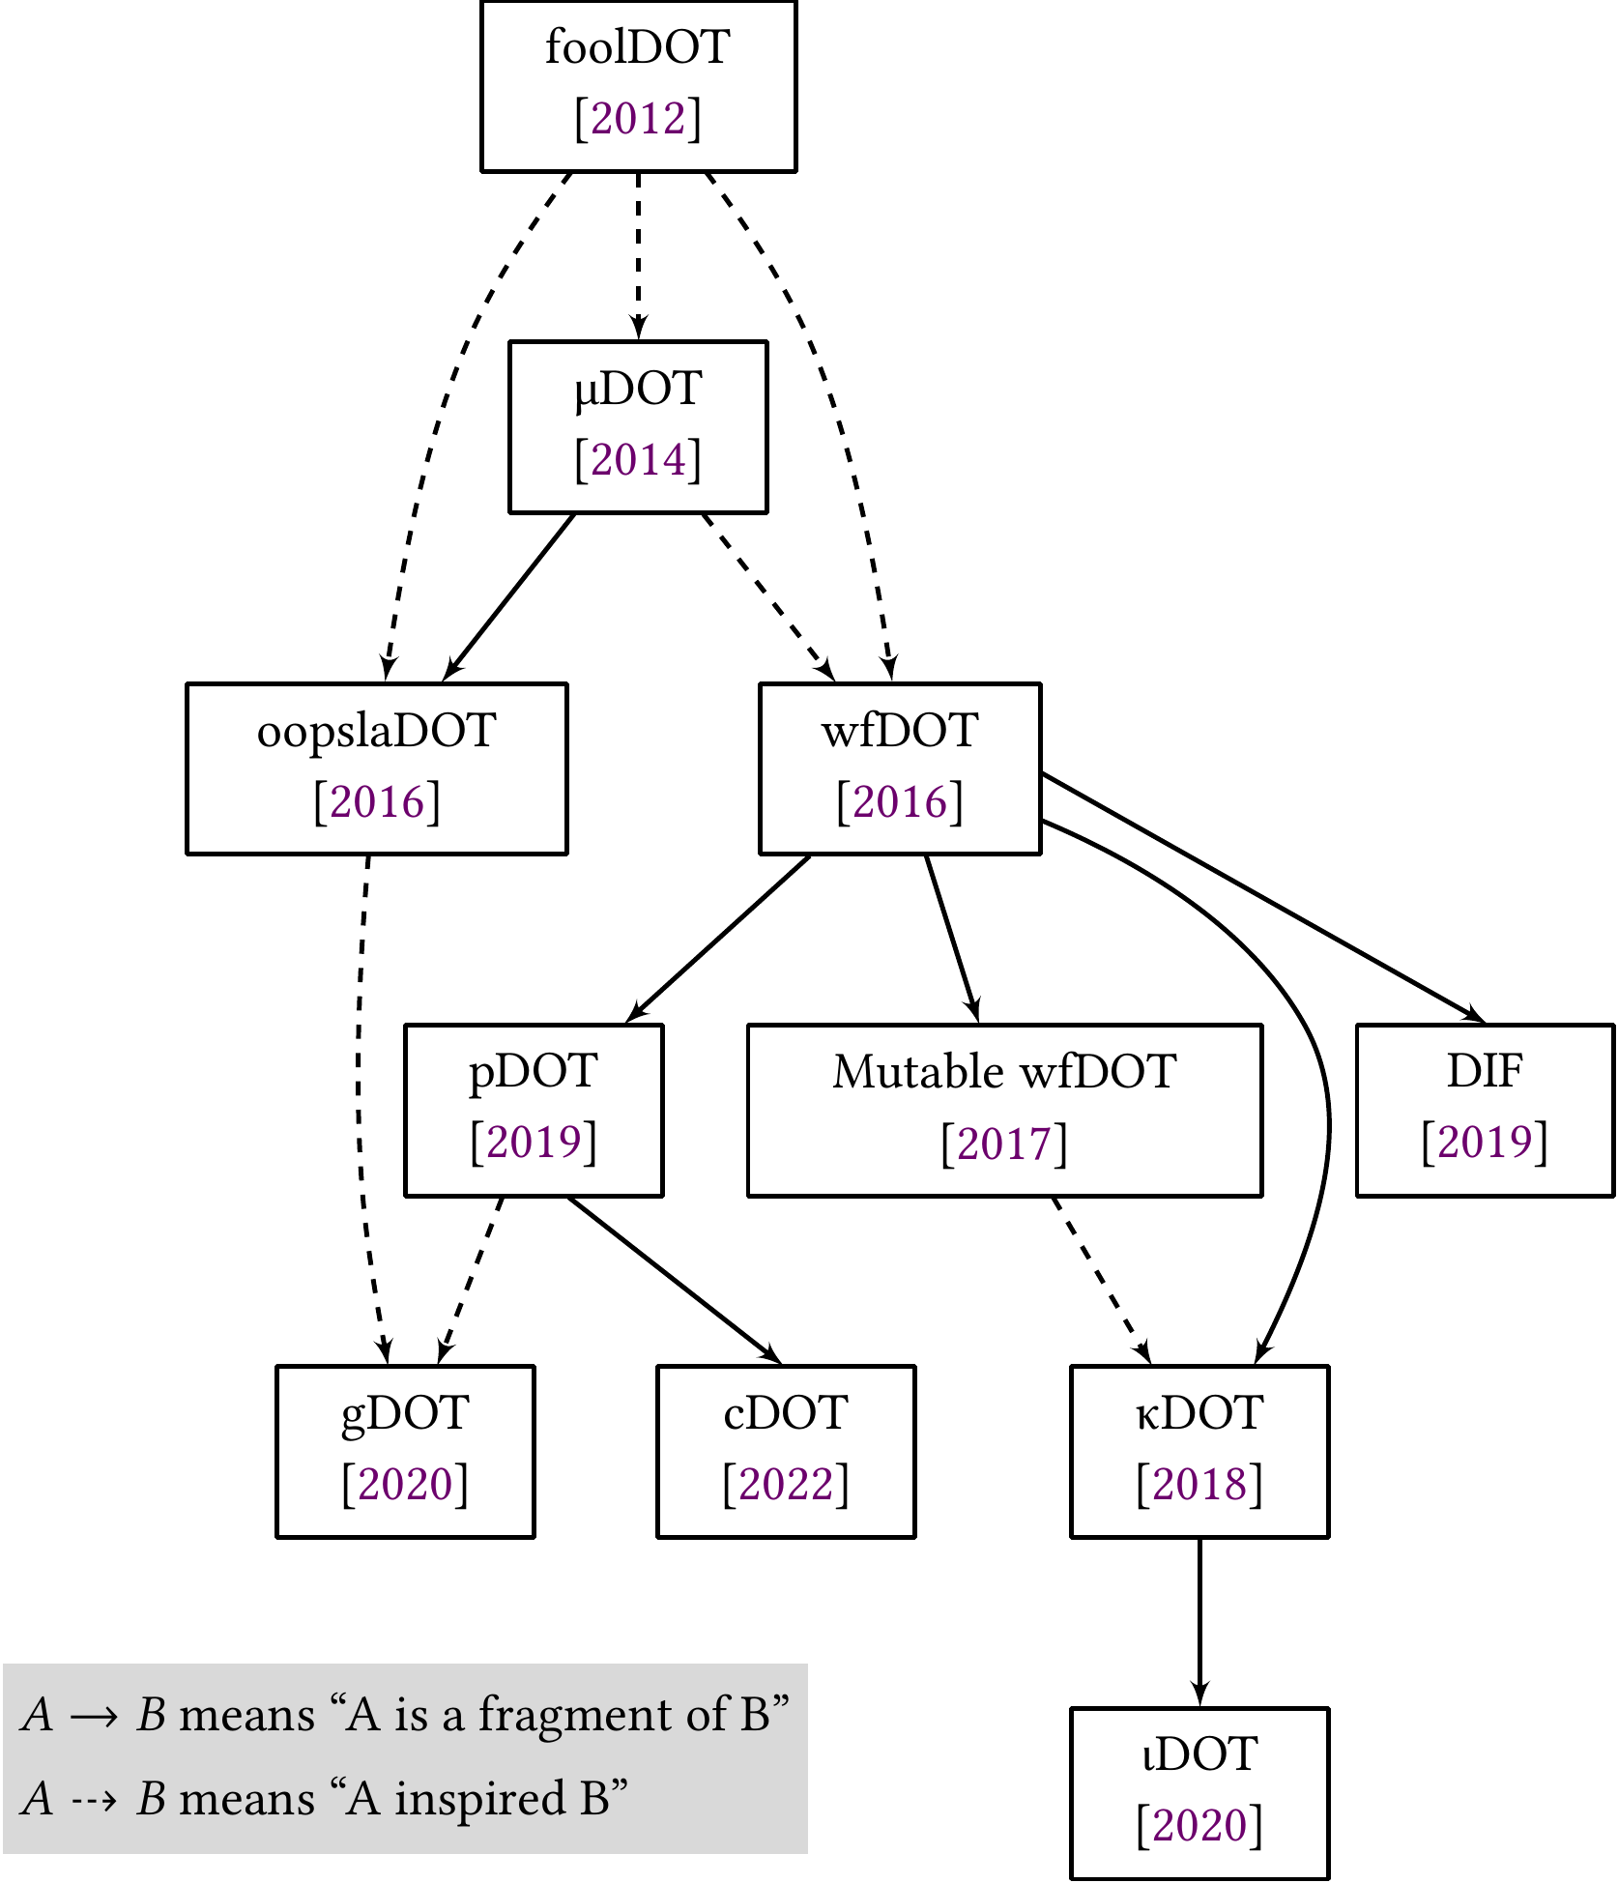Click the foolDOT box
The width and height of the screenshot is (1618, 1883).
(x=638, y=86)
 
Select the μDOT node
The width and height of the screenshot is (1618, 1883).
(x=638, y=426)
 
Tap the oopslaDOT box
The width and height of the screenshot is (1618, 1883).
(x=376, y=768)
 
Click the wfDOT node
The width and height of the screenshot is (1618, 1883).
(x=900, y=768)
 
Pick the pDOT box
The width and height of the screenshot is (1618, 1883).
(x=534, y=1110)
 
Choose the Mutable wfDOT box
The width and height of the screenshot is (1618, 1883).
(x=1004, y=1110)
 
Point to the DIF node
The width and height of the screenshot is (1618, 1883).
(x=1485, y=1110)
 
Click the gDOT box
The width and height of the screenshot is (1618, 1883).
(x=405, y=1451)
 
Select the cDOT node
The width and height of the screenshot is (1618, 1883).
(x=786, y=1451)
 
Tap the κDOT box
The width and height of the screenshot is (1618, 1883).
(x=1199, y=1451)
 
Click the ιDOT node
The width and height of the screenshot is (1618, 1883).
(x=1199, y=1792)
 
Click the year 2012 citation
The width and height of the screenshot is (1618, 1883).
(x=638, y=119)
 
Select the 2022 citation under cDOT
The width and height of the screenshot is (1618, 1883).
(x=786, y=1484)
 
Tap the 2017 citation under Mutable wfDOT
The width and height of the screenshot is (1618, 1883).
(x=1004, y=1144)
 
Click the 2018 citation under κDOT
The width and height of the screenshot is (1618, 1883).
(x=1199, y=1484)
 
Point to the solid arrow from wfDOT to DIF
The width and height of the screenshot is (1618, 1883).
(x=1266, y=898)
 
